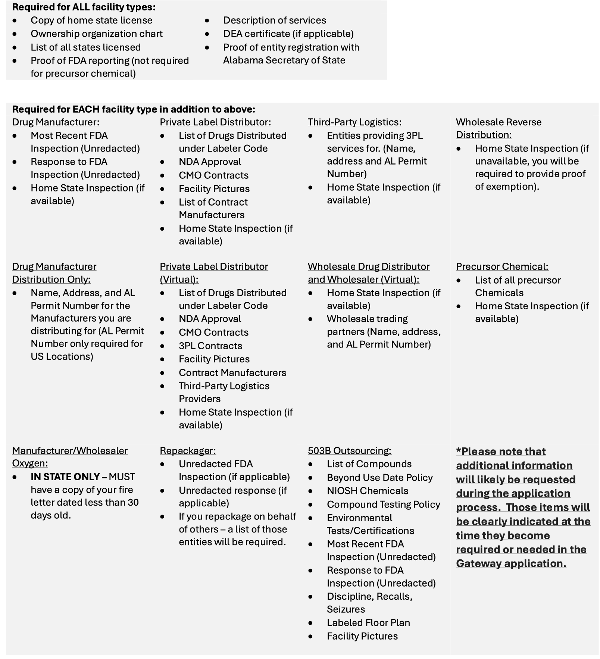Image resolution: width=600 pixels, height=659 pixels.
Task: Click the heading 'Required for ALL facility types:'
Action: coord(84,7)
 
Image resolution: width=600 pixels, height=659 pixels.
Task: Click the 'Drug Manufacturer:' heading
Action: coord(56,122)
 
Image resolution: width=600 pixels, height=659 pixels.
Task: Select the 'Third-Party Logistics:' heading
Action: coord(354,122)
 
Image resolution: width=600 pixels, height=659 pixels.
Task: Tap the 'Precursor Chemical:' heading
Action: coord(502,266)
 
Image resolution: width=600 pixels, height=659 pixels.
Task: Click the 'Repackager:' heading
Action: coord(188,450)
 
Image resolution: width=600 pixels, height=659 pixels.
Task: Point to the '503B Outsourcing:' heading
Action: coord(349,450)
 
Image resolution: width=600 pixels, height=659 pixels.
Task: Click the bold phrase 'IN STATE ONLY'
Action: coord(65,477)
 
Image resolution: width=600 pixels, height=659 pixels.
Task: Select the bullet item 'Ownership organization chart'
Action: coord(96,34)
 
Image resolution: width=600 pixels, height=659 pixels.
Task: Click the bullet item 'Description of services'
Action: coord(274,20)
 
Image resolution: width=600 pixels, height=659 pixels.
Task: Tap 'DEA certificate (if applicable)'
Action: coord(288,34)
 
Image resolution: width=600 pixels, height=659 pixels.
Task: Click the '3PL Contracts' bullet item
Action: coord(210,346)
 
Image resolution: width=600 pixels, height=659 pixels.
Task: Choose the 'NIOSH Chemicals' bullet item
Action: coord(367,491)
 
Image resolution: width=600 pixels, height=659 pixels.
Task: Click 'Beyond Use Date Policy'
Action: coord(379,477)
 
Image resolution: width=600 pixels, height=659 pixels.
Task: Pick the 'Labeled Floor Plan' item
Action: coord(368,622)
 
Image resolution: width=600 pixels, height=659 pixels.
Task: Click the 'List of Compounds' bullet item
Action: coord(369,464)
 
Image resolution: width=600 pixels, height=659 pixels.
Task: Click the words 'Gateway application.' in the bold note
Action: coord(511,563)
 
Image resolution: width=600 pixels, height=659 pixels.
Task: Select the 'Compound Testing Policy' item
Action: coord(383,504)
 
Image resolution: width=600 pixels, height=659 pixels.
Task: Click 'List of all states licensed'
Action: coord(85,47)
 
